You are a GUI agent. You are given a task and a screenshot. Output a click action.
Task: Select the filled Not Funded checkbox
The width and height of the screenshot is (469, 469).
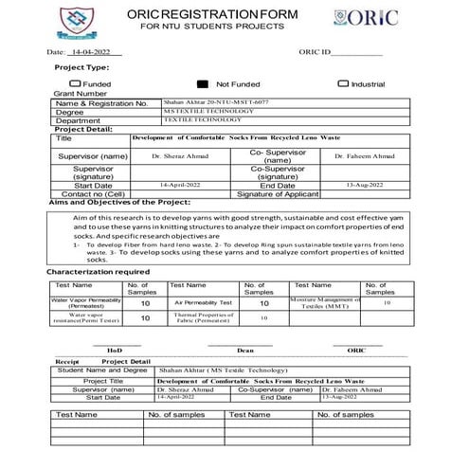click(x=203, y=83)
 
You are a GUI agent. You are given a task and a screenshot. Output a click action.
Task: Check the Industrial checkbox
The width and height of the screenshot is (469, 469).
click(x=343, y=83)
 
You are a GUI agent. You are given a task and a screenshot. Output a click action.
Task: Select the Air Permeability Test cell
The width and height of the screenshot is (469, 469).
click(x=203, y=303)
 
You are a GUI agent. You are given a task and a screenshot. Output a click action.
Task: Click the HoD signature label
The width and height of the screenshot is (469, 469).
click(x=115, y=351)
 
